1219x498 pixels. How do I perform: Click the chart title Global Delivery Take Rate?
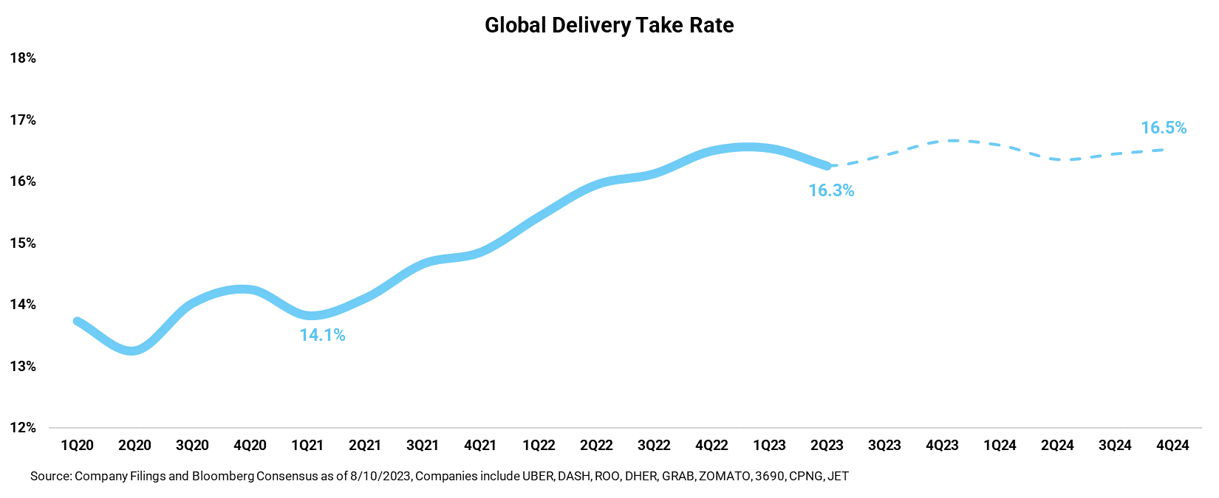pyautogui.click(x=609, y=25)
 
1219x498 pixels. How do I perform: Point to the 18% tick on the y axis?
pyautogui.click(x=23, y=58)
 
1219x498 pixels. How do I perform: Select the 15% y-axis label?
pyautogui.click(x=23, y=243)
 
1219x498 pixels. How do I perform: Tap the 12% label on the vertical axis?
pyautogui.click(x=23, y=428)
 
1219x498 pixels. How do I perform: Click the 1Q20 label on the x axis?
pyautogui.click(x=77, y=446)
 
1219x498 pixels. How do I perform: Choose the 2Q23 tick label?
pyautogui.click(x=827, y=446)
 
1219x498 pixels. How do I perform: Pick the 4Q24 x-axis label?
pyautogui.click(x=1172, y=446)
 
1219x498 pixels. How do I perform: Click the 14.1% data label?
pyautogui.click(x=322, y=335)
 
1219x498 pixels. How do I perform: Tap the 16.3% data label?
pyautogui.click(x=831, y=190)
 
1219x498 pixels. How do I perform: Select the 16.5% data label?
pyautogui.click(x=1164, y=128)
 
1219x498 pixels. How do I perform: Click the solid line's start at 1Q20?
pyautogui.click(x=77, y=321)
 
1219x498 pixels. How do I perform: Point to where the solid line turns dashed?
pyautogui.click(x=828, y=166)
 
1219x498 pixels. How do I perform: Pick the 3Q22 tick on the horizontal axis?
pyautogui.click(x=654, y=446)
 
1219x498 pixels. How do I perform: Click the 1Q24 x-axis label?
pyautogui.click(x=1000, y=446)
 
